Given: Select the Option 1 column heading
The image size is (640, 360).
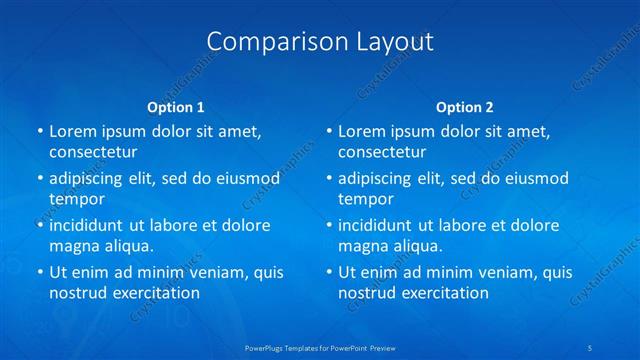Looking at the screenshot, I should click(176, 107).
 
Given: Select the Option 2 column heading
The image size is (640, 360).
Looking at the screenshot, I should click(465, 107).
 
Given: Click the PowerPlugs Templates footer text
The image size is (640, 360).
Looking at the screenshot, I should click(320, 347).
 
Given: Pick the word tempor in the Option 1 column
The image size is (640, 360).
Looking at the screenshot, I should click(75, 199).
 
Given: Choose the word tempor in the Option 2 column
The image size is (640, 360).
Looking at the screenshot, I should click(364, 199).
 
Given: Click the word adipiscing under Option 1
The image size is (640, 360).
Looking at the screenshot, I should click(88, 178).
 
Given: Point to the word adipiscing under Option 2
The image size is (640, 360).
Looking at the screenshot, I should click(377, 178).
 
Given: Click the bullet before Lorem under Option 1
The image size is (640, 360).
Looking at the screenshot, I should click(40, 131).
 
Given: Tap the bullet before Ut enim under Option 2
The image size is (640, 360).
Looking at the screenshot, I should click(329, 272).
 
